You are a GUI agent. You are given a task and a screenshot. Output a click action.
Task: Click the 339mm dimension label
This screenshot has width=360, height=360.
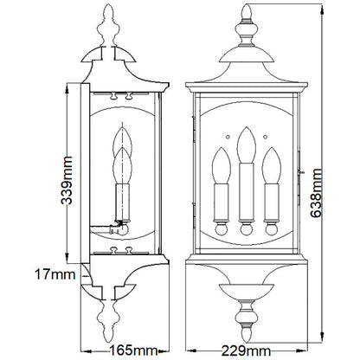pyautogui.click(x=67, y=180)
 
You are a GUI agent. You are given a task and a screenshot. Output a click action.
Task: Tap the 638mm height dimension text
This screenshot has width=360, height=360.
pyautogui.click(x=317, y=193)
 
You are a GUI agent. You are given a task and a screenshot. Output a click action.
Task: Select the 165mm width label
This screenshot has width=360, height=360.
pyautogui.click(x=133, y=350)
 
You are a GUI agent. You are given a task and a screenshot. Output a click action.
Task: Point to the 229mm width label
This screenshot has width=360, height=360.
pyautogui.click(x=246, y=351)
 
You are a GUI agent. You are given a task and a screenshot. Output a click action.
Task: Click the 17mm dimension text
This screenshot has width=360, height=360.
pyautogui.click(x=55, y=274)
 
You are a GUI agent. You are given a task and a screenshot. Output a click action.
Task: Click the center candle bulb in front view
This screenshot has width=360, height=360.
pyautogui.click(x=247, y=145)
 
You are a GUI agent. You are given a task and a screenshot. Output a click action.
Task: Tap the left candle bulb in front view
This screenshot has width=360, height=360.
pyautogui.click(x=222, y=165)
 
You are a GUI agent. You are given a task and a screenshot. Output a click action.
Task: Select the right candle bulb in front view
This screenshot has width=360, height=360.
pyautogui.click(x=272, y=165)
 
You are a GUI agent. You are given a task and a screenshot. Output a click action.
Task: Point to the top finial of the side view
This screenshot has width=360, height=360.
pyautogui.click(x=108, y=25)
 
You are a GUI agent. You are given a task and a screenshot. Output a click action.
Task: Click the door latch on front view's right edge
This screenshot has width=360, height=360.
pyautogui.click(x=301, y=172)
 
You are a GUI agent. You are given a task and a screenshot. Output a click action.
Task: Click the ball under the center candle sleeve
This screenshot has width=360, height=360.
pyautogui.click(x=247, y=229)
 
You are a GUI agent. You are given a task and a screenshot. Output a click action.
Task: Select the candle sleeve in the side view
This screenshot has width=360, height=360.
pyautogui.click(x=122, y=202)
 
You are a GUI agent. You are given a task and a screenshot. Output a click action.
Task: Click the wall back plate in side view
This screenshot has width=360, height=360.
pyautogui.click(x=85, y=173)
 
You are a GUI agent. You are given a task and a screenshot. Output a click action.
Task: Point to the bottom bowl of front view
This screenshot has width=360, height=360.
pyautogui.click(x=246, y=291)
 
